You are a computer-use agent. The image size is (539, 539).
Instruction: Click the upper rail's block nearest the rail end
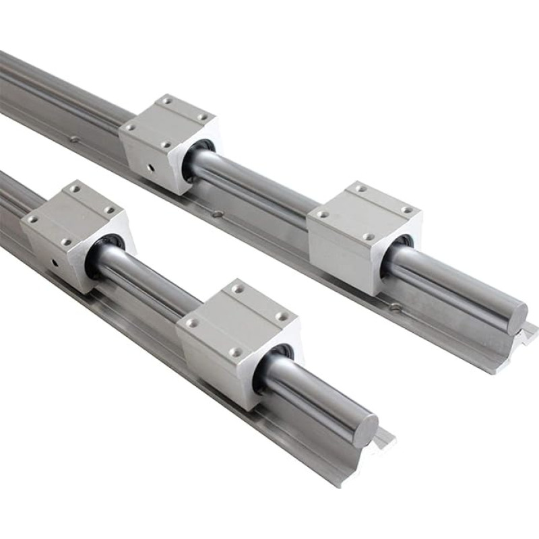click(x=364, y=236)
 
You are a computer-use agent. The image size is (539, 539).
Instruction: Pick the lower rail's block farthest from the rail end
click(x=74, y=232)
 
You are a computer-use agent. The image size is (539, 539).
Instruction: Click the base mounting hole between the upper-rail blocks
click(x=217, y=215)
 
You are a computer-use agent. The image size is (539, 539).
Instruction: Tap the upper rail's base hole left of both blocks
click(x=75, y=140)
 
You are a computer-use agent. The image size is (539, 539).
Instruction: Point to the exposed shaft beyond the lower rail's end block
click(x=317, y=394)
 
